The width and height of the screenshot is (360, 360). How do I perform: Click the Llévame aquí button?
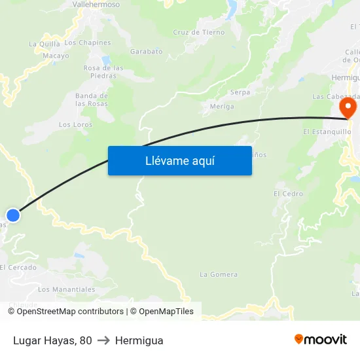(179, 160)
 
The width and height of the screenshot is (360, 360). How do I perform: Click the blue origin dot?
(13, 215)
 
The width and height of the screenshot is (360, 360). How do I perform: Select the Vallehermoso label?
(96, 4)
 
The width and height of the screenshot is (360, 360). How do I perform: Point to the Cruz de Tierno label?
(198, 32)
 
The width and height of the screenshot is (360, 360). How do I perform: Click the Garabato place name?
(146, 50)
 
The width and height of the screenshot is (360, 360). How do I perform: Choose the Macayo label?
(56, 56)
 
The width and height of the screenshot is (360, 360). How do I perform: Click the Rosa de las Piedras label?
(103, 71)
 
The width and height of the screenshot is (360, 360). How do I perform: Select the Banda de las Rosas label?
(91, 99)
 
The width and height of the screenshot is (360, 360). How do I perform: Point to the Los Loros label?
(75, 124)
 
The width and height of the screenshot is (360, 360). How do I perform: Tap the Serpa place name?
(240, 92)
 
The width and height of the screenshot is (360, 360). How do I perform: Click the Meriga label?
(222, 106)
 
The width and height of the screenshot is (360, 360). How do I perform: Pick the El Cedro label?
(288, 194)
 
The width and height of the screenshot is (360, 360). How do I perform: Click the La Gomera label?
(219, 274)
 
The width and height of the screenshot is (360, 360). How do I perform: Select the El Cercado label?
(18, 267)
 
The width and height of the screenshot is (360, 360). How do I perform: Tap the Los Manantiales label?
(66, 289)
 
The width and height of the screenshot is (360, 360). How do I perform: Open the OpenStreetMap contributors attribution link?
(69, 312)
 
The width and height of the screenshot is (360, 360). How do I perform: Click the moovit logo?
(320, 340)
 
